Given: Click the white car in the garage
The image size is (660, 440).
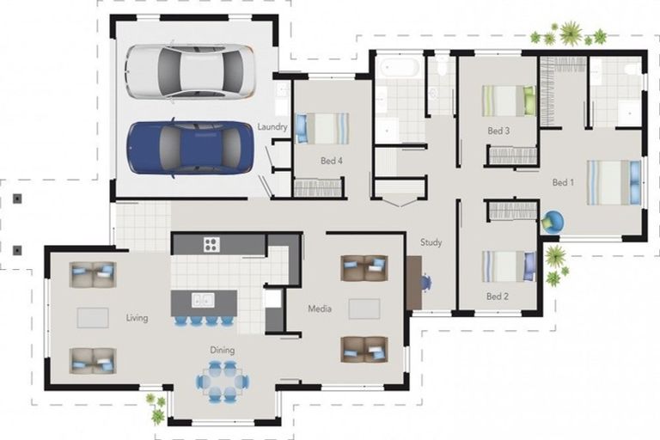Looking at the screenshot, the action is pyautogui.click(x=191, y=71).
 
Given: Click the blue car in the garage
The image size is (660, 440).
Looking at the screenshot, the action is pyautogui.click(x=191, y=148).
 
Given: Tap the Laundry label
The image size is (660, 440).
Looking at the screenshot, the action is pyautogui.click(x=272, y=126).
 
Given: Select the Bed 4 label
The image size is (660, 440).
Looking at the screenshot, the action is pyautogui.click(x=331, y=161).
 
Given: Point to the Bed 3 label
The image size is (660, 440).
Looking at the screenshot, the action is pyautogui.click(x=498, y=131).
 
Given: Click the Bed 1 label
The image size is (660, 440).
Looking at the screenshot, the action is pyautogui.click(x=563, y=182).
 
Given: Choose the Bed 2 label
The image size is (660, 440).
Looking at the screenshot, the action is pyautogui.click(x=497, y=296).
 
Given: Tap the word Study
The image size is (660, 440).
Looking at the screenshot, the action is pyautogui.click(x=431, y=242).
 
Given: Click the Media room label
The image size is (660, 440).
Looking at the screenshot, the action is pyautogui.click(x=320, y=309).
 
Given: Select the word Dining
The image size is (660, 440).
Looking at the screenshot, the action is pyautogui.click(x=223, y=350).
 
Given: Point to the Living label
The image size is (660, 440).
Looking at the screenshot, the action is pyautogui.click(x=137, y=318).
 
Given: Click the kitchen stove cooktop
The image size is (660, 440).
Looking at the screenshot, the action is pyautogui.click(x=211, y=244).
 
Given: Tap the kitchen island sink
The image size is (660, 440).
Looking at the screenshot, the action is pyautogui.click(x=203, y=300).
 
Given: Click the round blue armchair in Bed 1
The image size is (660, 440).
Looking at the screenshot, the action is pyautogui.click(x=553, y=222).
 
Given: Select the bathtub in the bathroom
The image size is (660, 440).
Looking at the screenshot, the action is pyautogui.click(x=399, y=68).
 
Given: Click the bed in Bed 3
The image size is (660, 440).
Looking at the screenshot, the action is pyautogui.click(x=509, y=101).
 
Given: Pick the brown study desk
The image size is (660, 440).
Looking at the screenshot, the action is pyautogui.click(x=414, y=283).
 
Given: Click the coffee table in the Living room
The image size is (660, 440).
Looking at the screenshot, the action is pyautogui.click(x=93, y=317).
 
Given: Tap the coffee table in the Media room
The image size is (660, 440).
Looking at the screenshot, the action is pyautogui.click(x=364, y=309).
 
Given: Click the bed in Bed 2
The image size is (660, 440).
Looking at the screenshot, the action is pyautogui.click(x=509, y=266).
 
